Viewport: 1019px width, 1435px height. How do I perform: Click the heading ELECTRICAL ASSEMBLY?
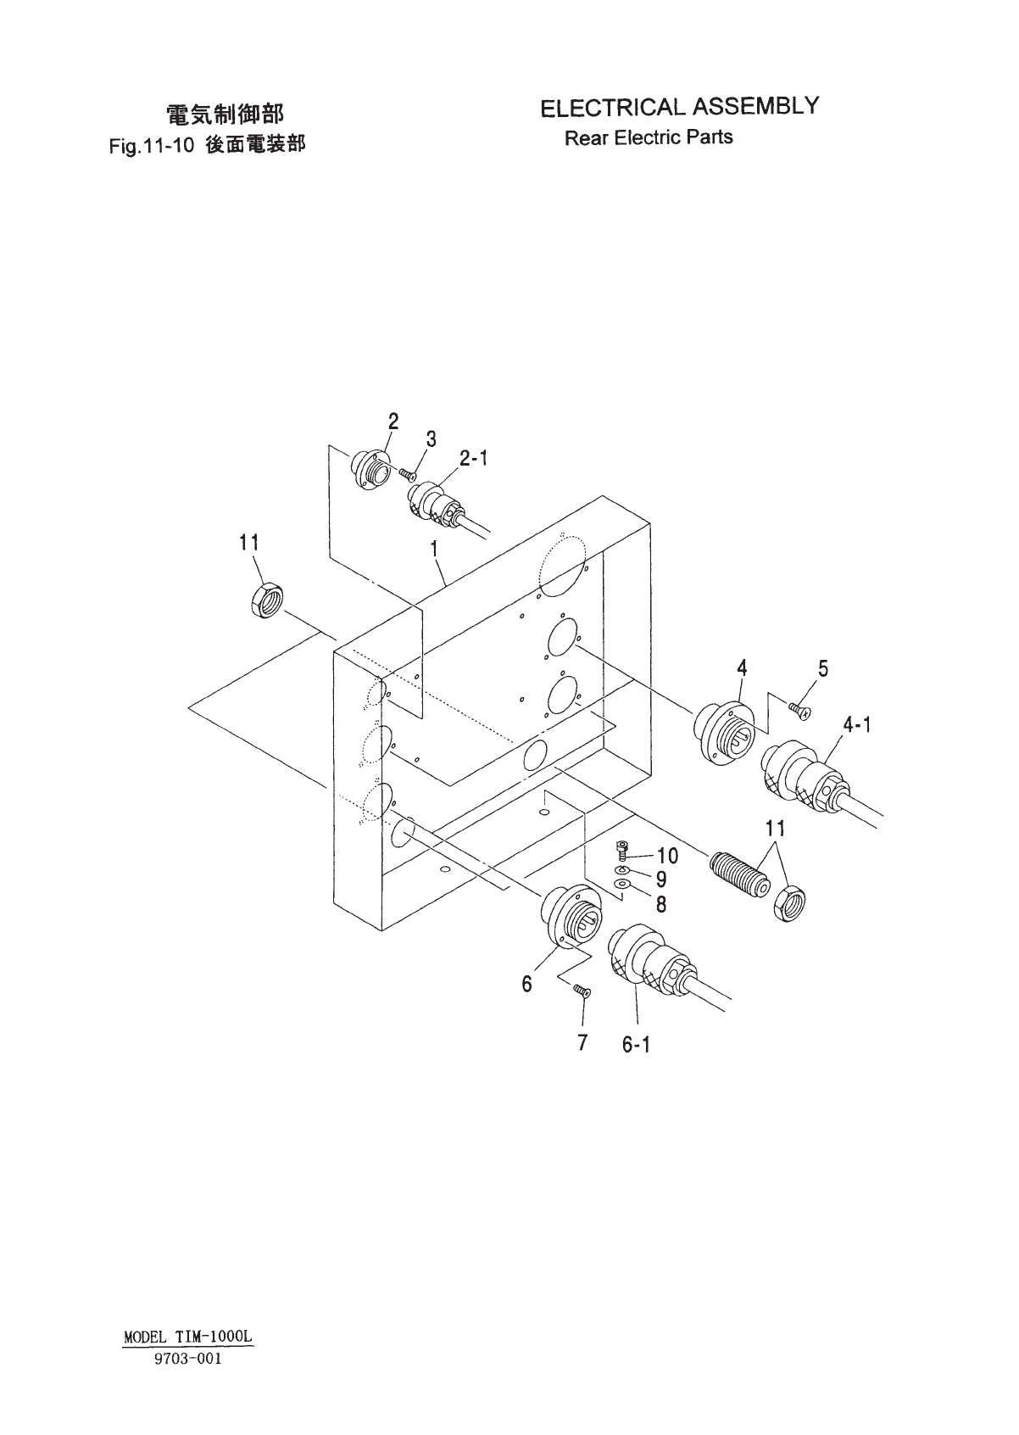coord(680,108)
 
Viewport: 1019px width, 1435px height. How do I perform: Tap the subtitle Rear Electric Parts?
coord(649,137)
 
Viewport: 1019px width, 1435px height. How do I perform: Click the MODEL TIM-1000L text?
coord(189,1337)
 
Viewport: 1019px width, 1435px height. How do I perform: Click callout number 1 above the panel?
coord(434,549)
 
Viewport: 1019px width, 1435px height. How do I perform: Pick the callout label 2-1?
coord(474,459)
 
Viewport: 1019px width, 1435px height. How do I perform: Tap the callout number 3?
coord(432,439)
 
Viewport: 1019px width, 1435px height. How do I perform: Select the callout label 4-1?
coord(857,724)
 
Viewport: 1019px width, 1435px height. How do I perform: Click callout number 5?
coord(823,669)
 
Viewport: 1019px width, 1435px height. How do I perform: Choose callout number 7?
coord(582,1042)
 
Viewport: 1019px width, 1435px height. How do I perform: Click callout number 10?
coord(668,857)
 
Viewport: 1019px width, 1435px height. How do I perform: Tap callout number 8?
coord(661,905)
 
